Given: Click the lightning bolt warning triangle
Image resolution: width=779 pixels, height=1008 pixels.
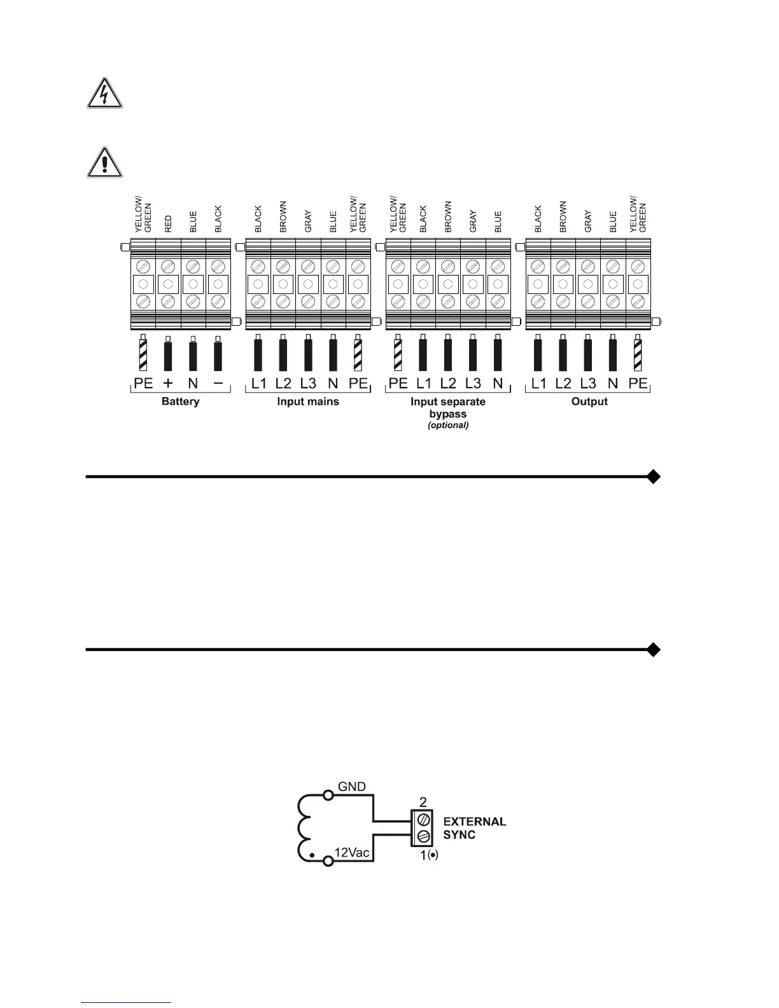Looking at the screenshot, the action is (x=105, y=94).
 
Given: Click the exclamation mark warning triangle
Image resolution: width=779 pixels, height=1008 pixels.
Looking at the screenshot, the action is (x=105, y=162).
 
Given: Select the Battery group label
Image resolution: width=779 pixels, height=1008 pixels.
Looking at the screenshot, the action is (x=180, y=402).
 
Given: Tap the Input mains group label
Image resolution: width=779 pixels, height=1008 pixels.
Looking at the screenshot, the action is (x=308, y=402).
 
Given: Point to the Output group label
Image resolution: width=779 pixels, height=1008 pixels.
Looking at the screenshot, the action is (x=589, y=402).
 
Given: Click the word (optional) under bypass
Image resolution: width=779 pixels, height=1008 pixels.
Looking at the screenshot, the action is (x=448, y=425).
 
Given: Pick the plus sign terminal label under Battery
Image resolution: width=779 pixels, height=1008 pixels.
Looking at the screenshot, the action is (x=168, y=383).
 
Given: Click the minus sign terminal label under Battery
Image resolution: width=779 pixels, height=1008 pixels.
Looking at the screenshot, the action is (x=218, y=383).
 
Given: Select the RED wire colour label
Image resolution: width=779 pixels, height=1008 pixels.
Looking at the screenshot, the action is (x=169, y=223).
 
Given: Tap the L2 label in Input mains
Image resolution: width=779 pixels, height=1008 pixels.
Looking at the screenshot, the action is (x=283, y=383).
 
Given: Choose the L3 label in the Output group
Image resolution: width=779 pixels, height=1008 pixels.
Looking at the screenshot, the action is (x=588, y=383).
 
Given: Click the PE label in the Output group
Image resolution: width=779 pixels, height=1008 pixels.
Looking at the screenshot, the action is (x=638, y=383).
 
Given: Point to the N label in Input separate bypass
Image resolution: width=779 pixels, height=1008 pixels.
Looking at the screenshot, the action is (x=498, y=383).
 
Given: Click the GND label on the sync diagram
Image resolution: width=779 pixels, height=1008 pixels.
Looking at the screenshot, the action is (x=352, y=787).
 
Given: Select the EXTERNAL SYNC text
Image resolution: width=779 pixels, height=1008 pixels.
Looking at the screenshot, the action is (x=474, y=828).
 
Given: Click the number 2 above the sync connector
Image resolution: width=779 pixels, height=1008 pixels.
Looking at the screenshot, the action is (x=423, y=802).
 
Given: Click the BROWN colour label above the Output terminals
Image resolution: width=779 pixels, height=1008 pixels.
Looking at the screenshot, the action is (x=563, y=217).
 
